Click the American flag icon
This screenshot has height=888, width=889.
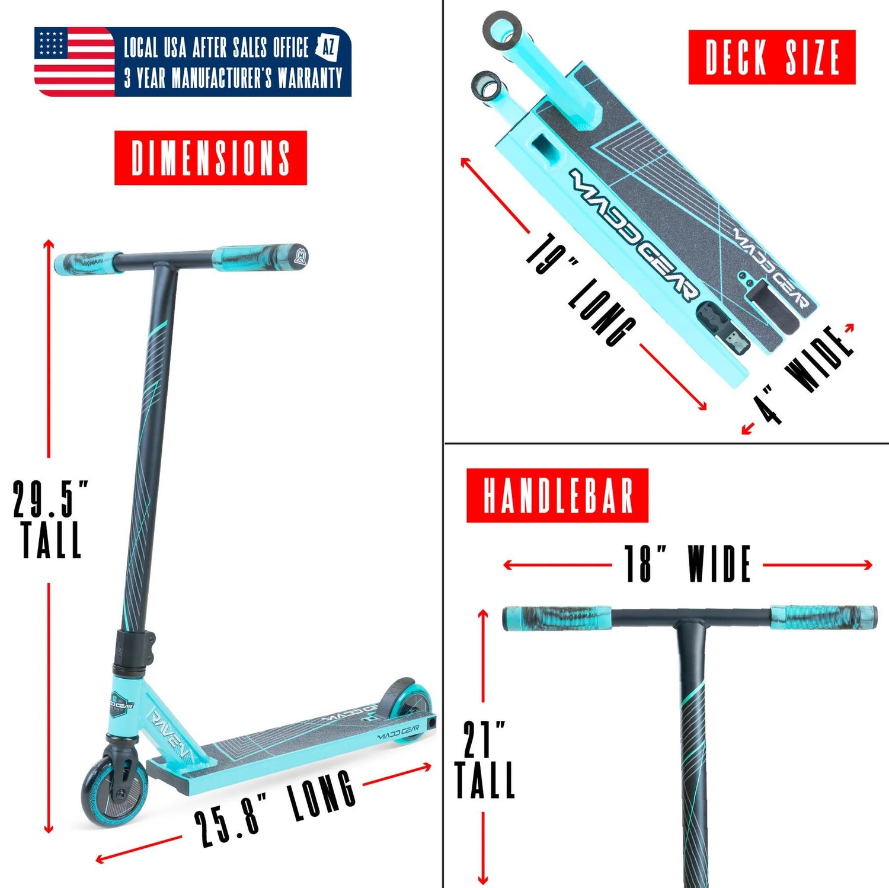coord(74,62)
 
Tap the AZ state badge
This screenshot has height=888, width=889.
coord(327,47)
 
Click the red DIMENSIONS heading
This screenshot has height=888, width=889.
coord(210,158)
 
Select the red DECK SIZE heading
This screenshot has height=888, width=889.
coord(772,57)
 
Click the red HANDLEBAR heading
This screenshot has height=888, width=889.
coord(557,495)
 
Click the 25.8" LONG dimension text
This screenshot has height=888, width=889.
coord(275,807)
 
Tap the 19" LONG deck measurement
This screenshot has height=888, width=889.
coord(581,289)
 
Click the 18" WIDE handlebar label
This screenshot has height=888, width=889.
coord(688,564)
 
